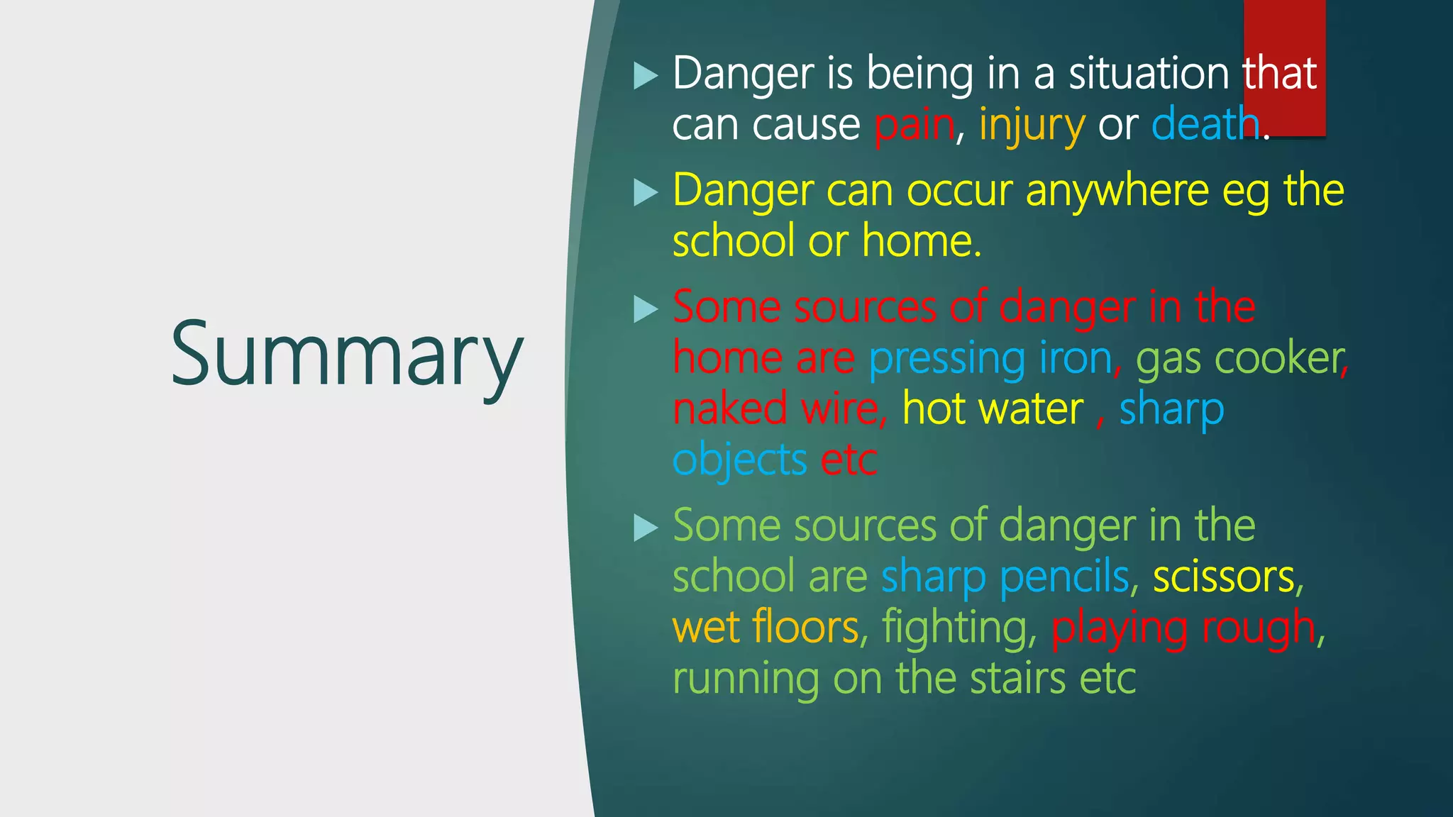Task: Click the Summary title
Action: point(346,355)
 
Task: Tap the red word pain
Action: point(914,125)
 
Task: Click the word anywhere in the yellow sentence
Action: point(1115,191)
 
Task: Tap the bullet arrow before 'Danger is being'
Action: point(645,75)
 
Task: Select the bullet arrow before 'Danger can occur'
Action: point(645,192)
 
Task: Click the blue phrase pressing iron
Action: point(990,359)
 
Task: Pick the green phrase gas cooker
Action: point(1240,359)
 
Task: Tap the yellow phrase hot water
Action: point(992,409)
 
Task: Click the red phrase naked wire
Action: point(776,409)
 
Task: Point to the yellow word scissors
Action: point(1223,577)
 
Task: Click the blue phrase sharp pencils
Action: point(1005,577)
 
